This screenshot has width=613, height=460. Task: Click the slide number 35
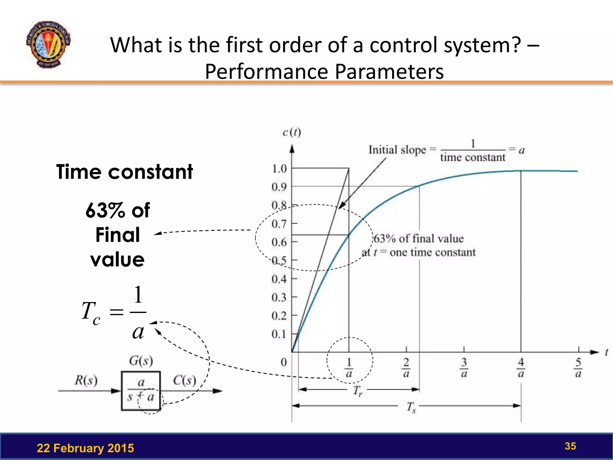(570, 446)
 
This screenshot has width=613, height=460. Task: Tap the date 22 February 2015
(85, 448)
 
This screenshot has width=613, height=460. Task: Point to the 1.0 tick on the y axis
(279, 169)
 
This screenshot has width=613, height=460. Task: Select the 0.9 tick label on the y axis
(279, 187)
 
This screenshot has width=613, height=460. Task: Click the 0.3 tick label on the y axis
(279, 297)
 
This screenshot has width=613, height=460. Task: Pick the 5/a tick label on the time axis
(578, 368)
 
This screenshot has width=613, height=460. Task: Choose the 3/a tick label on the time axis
(464, 368)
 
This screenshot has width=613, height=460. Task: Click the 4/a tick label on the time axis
(521, 368)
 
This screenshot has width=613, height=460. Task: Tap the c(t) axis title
(292, 132)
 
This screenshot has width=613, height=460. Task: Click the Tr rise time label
(357, 391)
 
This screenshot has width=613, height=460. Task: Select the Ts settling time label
(411, 407)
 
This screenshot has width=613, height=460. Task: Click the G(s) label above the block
(141, 361)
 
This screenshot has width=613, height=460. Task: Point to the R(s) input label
(86, 380)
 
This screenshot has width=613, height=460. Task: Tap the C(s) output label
(184, 380)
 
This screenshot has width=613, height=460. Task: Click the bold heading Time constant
(125, 172)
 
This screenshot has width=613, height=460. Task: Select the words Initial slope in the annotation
(397, 150)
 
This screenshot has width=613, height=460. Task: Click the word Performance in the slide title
(266, 72)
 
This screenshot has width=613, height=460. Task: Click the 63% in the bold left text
(105, 210)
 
